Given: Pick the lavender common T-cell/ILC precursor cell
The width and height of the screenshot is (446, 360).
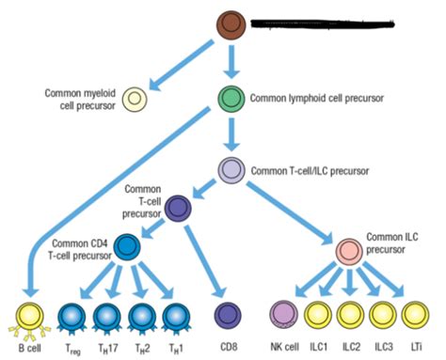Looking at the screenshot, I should click(231, 170).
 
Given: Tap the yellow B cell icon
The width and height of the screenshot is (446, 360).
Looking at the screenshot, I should click(26, 315).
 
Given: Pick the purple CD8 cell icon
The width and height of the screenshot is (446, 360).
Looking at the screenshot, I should click(227, 316).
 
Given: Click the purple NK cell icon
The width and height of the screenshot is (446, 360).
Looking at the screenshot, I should click(283, 315).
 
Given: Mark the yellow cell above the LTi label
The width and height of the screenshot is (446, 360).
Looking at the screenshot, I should click(414, 315).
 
